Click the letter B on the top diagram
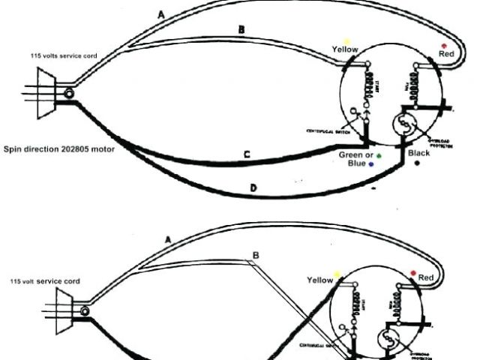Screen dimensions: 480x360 pos(241,29)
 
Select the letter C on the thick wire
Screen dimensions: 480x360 pos(247,154)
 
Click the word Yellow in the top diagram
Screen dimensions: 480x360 pos(345,49)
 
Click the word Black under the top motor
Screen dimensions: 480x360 pos(418,154)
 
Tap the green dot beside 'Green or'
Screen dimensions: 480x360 pos(379,156)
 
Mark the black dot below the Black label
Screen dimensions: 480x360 pos(418,165)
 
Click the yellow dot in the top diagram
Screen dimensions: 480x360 pos(346,40)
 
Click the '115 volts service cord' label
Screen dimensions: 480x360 pos(58,56)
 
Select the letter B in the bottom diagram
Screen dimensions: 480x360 pos(256,255)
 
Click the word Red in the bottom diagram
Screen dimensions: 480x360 pos(426,278)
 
